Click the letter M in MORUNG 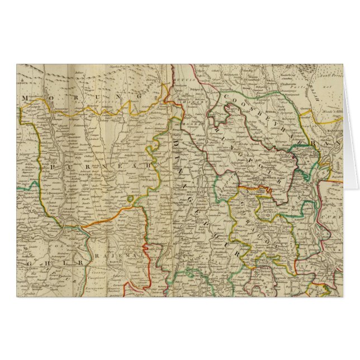[x=25, y=99]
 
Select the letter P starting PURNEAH [x=51, y=167]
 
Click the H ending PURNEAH [x=149, y=166]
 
